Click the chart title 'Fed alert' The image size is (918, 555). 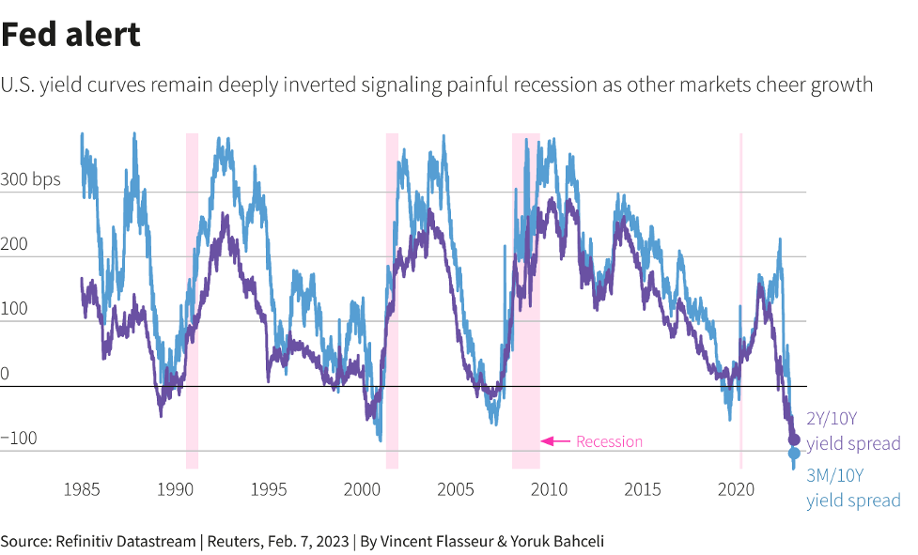click(71, 35)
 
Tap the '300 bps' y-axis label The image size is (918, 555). click(31, 179)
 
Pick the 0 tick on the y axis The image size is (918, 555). click(5, 374)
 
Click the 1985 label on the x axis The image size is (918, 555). click(82, 489)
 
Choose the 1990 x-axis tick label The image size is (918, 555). click(175, 489)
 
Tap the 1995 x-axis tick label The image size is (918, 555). click(269, 489)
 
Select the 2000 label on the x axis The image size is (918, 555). click(363, 489)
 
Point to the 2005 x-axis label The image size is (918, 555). click(456, 489)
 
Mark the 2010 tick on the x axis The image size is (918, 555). click(550, 489)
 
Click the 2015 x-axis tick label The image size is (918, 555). click(644, 489)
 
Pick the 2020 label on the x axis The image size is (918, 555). click(737, 489)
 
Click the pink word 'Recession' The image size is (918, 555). click(609, 441)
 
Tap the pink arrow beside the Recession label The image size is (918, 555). click(556, 440)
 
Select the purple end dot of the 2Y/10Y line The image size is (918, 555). click(794, 439)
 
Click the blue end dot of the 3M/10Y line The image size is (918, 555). click(794, 454)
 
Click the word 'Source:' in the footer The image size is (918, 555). click(25, 541)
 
